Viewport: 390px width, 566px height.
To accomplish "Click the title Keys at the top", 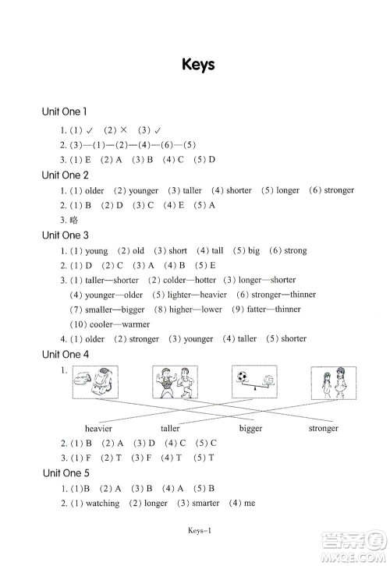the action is tap(198, 65).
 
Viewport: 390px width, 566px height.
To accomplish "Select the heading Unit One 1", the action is tap(64, 111).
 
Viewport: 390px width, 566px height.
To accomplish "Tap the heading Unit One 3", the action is tap(65, 235).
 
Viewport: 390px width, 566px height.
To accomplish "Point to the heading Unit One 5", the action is tap(66, 473).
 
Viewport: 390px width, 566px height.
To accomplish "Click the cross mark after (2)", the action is tap(123, 129).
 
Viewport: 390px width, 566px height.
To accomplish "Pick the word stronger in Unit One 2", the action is tap(339, 190).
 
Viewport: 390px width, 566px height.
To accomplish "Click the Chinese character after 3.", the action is tap(73, 220).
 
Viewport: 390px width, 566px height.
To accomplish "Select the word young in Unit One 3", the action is tap(97, 251).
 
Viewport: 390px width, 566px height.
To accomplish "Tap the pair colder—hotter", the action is tap(190, 280).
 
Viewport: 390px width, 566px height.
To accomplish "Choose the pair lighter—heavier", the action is tap(197, 295).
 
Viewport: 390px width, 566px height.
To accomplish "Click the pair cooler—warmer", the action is tap(119, 324).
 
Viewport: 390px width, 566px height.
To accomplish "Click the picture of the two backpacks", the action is tap(95, 382).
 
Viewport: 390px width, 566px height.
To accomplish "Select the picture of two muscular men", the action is tap(175, 382).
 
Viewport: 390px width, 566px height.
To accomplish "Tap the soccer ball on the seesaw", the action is tap(243, 377).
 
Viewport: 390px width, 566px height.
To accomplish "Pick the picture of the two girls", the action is tap(334, 383).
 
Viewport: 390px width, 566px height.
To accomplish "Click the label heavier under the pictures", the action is tap(98, 429).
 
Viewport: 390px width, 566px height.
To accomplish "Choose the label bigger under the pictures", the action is tap(250, 429).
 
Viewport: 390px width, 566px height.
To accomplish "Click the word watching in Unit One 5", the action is tap(102, 503).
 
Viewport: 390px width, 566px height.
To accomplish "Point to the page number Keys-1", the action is tap(200, 530).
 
